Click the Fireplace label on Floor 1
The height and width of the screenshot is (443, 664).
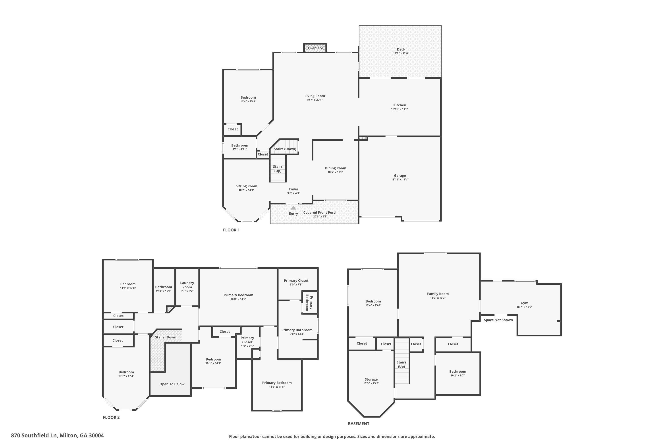[315, 48]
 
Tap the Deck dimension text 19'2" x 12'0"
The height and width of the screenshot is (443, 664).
[401, 53]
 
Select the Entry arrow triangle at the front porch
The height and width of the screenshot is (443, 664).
[293, 208]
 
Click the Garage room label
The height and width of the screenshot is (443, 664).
[400, 176]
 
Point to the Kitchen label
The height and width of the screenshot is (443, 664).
[400, 105]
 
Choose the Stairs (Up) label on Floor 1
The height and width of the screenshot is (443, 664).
[278, 169]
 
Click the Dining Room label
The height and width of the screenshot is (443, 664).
[335, 168]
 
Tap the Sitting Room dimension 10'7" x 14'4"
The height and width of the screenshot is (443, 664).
[247, 190]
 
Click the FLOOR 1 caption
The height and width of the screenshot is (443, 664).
[231, 230]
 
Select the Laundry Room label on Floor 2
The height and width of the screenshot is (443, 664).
[187, 285]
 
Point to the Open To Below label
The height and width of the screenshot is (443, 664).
[172, 384]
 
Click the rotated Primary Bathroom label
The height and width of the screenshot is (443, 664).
[309, 303]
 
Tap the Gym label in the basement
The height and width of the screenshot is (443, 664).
[525, 303]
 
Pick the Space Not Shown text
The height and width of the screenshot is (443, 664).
[498, 320]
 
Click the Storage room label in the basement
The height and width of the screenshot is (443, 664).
[371, 379]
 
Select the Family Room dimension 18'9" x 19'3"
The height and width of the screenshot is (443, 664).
[438, 298]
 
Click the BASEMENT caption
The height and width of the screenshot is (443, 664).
[359, 424]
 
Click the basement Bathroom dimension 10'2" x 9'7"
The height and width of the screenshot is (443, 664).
[458, 375]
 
